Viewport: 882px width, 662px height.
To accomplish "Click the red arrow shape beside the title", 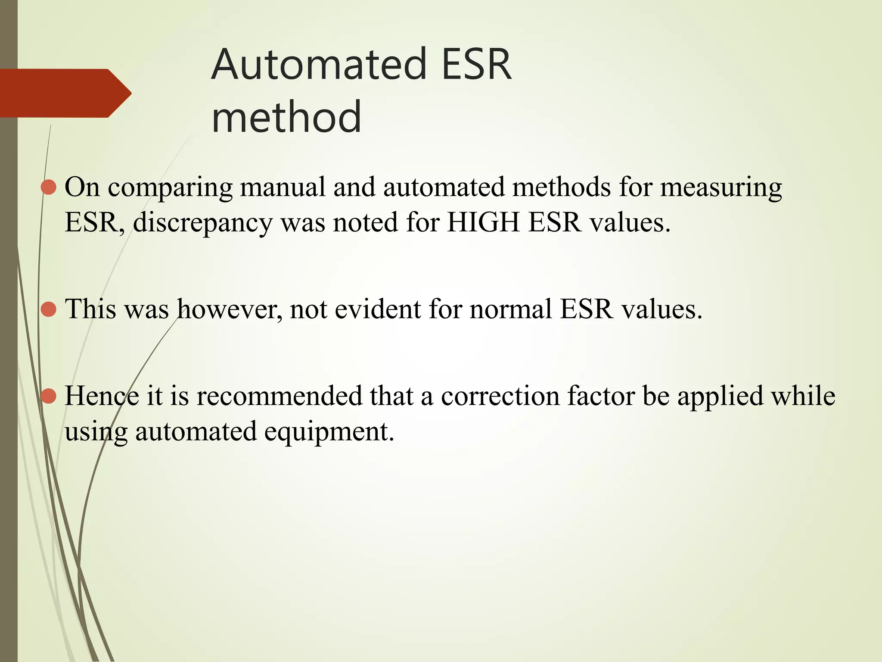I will pos(65,93).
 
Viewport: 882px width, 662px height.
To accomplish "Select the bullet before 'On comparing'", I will pos(49,187).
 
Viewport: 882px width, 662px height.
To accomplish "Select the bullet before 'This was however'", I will pos(49,309).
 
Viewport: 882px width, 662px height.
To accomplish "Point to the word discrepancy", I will pos(203,223).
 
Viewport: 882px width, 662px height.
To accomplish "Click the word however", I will pos(230,309).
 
